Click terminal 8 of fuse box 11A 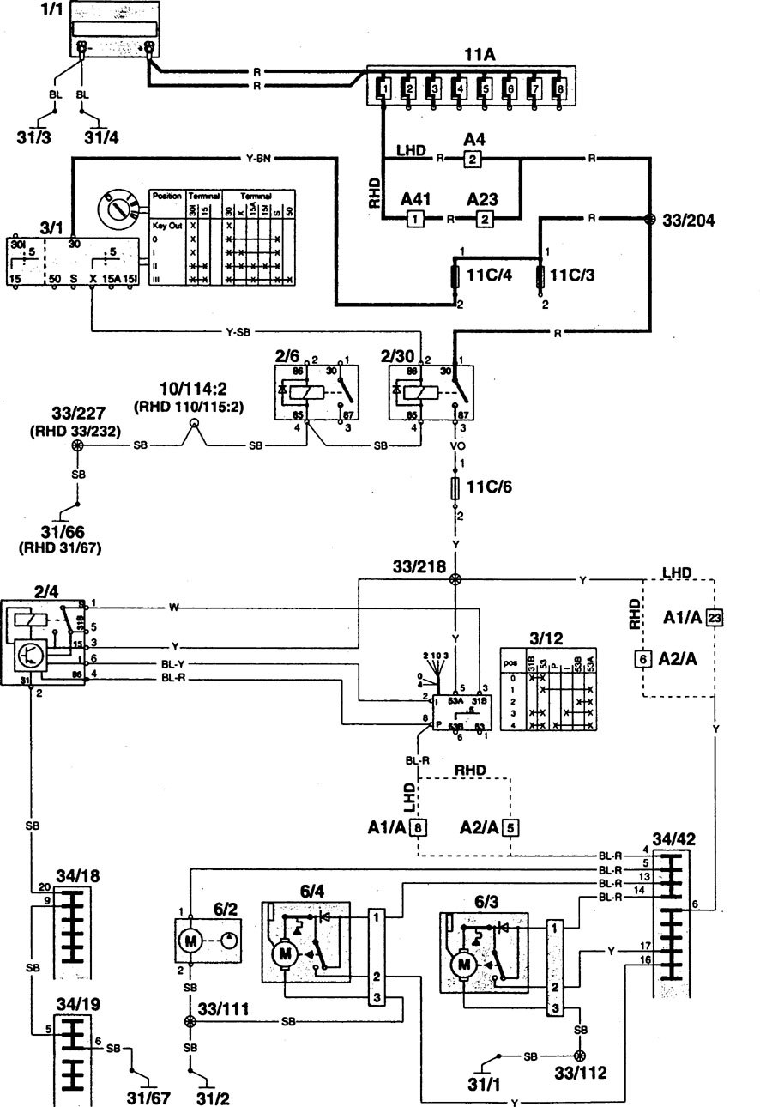point(560,88)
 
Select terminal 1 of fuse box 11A point(385,88)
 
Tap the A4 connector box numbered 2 point(470,159)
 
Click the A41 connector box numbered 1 point(413,219)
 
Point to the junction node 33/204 point(649,219)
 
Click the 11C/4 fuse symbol point(455,278)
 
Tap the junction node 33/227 point(78,447)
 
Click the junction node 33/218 point(455,580)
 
